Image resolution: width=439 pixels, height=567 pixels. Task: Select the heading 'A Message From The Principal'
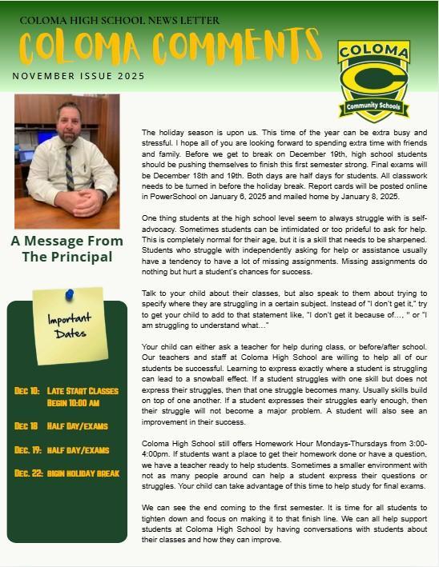pos(66,249)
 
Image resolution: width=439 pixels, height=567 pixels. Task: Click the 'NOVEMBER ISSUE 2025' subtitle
pos(78,77)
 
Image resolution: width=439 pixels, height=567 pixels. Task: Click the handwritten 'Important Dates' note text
pos(70,326)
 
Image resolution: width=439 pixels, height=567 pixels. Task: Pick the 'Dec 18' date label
pos(26,426)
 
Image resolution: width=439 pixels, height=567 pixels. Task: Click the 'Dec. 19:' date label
pos(28,450)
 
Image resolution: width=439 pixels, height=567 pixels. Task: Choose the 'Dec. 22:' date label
pos(28,473)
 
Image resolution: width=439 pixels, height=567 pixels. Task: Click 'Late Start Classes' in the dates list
pos(83,391)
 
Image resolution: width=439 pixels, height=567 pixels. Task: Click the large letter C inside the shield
pos(373,80)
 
